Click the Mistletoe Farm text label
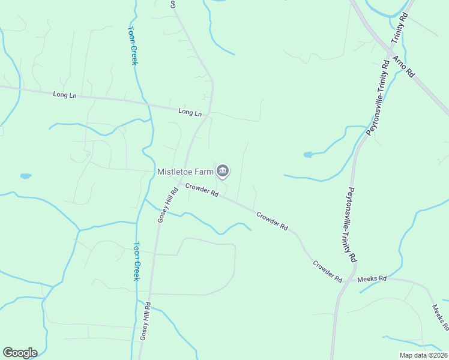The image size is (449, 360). [x=185, y=172]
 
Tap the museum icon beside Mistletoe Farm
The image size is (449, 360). [x=223, y=171]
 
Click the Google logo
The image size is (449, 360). [x=20, y=353]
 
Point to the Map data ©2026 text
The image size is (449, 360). [x=423, y=355]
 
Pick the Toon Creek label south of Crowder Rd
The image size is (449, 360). [x=137, y=261]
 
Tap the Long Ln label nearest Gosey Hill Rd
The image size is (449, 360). [x=190, y=112]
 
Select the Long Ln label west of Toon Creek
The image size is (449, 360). [x=64, y=94]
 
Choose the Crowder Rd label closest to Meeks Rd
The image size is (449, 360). [x=327, y=271]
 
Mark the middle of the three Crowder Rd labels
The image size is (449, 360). [x=273, y=221]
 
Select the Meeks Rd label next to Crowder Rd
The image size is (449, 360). [x=372, y=279]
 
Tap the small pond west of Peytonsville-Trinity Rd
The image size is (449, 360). [x=308, y=154]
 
